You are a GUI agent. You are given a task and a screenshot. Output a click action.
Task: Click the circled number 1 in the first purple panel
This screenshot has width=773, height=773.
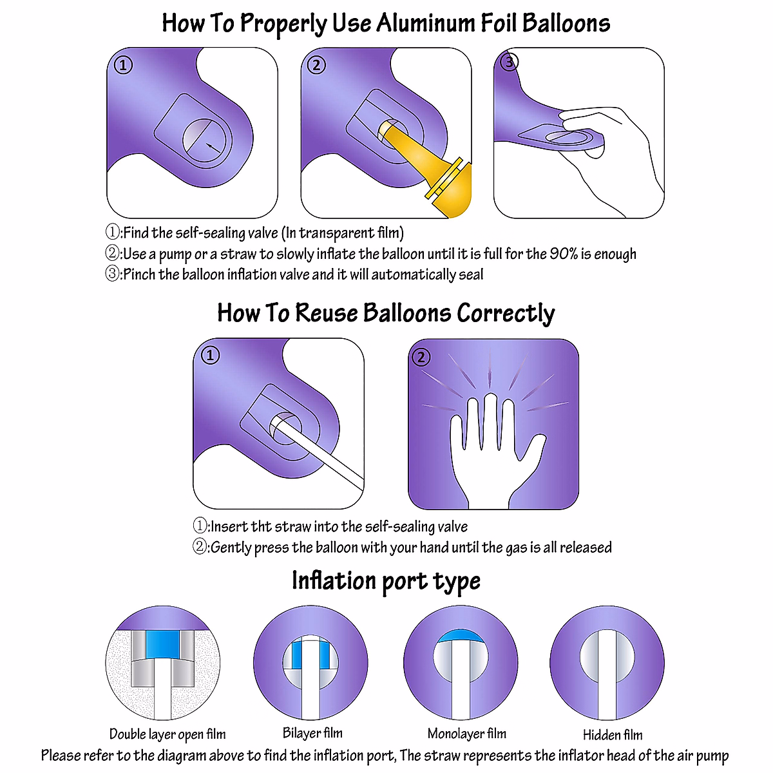[123, 65]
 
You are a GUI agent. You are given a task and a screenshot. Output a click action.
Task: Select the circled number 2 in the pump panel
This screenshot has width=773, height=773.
[316, 65]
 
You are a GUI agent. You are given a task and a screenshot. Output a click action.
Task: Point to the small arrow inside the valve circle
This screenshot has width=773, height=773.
[211, 148]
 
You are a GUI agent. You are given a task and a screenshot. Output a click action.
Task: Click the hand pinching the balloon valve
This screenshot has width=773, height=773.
[606, 155]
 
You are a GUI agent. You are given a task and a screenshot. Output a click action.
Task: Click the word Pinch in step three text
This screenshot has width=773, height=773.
[139, 274]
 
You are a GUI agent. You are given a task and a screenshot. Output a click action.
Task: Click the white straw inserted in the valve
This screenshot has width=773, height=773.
[322, 451]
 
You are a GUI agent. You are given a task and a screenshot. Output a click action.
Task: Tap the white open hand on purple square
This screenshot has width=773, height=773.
[496, 451]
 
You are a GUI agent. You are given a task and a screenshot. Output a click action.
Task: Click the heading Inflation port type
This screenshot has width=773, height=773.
[386, 581]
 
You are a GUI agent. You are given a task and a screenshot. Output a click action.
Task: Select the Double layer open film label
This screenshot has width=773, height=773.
[167, 734]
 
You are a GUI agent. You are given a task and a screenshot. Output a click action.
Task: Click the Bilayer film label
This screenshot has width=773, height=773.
[312, 733]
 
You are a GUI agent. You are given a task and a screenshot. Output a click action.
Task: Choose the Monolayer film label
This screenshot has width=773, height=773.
[467, 734]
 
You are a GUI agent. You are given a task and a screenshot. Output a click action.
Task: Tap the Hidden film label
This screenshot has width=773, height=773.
[613, 735]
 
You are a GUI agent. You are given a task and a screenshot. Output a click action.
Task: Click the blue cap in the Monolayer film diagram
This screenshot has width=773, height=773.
[461, 636]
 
